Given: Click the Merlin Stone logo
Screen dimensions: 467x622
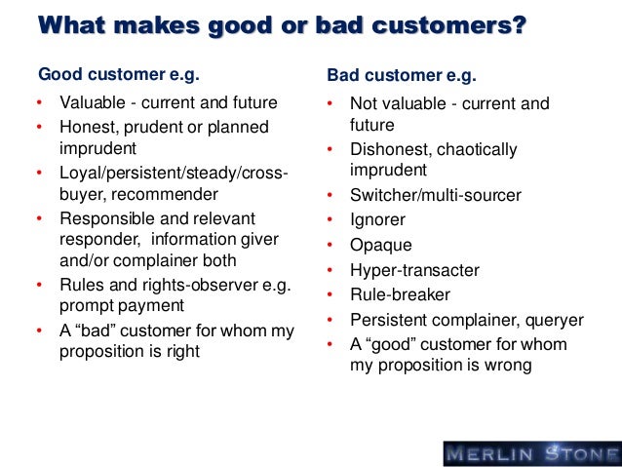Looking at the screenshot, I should coord(530,452).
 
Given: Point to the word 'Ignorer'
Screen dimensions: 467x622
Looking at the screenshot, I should coord(377,220).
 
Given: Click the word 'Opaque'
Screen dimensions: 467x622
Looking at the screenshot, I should coord(380,246).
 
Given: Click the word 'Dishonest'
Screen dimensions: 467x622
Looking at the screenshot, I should coord(388,149).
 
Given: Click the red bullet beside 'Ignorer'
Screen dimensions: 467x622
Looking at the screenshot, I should coord(331,221).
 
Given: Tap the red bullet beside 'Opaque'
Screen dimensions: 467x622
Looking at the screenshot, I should coord(331,246).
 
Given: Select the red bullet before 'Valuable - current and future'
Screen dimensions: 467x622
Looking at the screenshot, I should coord(40,103).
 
